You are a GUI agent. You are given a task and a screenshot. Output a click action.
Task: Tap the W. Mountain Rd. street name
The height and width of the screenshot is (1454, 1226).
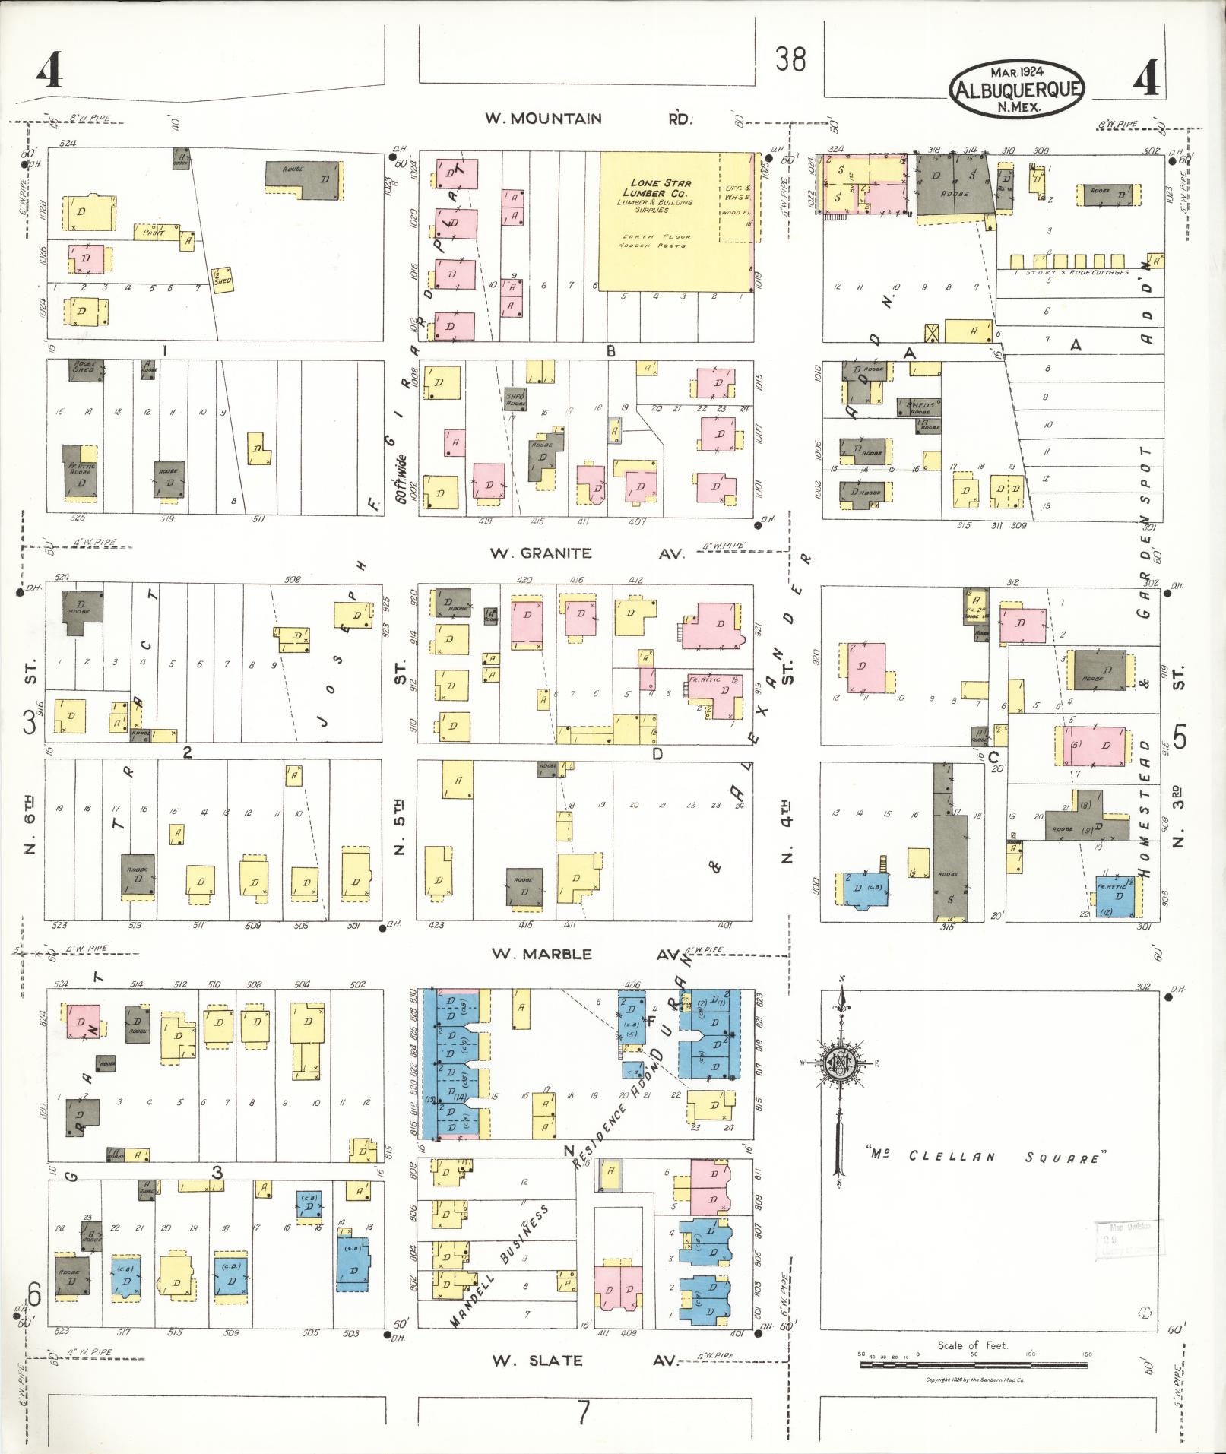point(585,119)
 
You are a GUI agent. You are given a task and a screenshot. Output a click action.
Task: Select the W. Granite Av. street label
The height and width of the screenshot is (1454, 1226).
point(586,553)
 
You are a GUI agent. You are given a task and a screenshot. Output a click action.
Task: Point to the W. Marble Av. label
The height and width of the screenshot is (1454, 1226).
point(585,954)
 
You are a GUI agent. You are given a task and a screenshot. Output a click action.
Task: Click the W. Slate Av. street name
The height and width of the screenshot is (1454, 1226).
point(582,1361)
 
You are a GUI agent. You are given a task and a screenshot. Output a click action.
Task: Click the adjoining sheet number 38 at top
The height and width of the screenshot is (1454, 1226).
point(790,59)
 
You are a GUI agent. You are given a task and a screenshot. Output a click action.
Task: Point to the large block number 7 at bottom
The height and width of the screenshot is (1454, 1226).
point(583,1412)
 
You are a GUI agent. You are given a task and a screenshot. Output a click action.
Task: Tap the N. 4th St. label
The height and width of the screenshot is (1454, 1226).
point(787,832)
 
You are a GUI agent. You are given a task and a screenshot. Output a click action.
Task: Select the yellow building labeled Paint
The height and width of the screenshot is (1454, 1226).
point(156,232)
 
